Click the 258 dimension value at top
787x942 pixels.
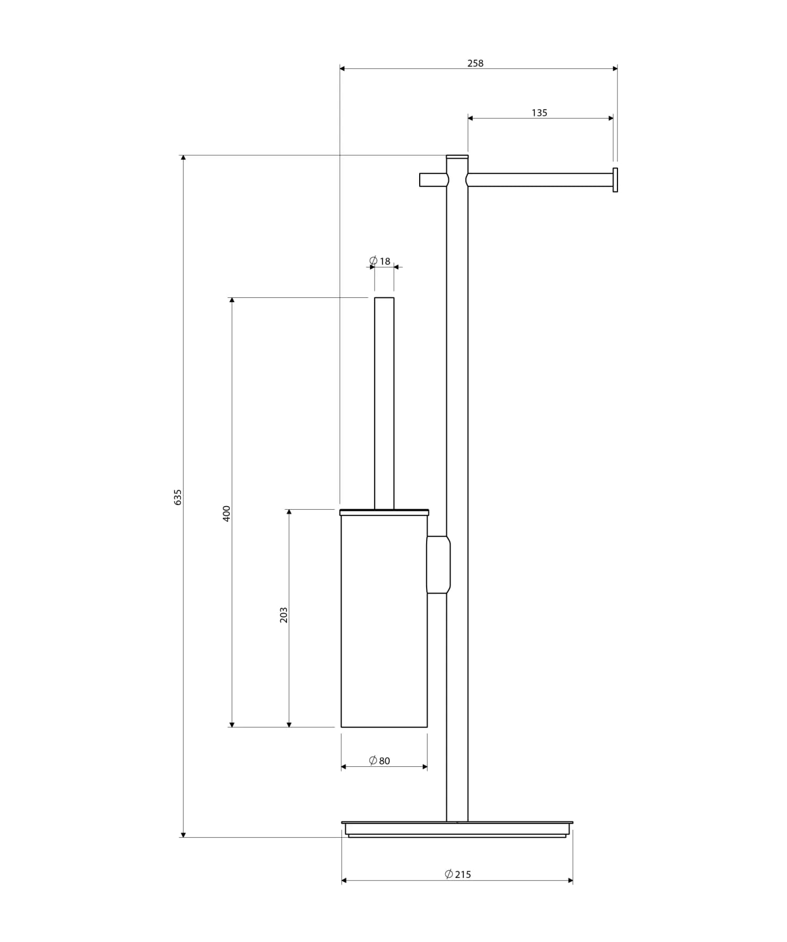475,63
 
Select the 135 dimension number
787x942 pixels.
539,113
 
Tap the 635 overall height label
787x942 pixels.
178,497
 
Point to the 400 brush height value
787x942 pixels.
227,513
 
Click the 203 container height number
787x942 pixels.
284,615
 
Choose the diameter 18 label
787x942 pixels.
380,261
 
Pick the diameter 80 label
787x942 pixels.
379,761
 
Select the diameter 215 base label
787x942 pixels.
458,874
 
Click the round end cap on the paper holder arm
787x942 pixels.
615,180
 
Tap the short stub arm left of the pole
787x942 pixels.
433,180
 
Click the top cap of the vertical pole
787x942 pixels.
457,156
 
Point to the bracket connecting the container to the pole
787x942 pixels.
438,564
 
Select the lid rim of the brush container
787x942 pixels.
384,512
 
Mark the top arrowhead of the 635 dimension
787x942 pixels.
183,158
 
